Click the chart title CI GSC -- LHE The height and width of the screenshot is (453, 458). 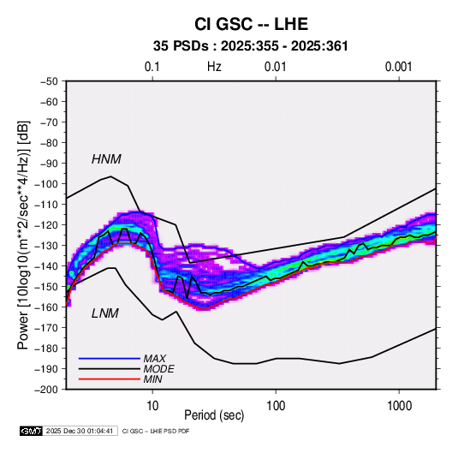[x=251, y=24]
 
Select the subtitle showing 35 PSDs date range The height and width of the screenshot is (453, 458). [x=251, y=46]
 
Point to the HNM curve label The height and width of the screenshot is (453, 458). [x=106, y=159]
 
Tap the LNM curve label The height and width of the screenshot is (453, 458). [x=105, y=313]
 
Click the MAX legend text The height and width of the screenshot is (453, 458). [x=154, y=359]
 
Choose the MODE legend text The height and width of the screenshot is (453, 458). [x=159, y=369]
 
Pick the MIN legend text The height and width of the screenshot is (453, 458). [x=152, y=379]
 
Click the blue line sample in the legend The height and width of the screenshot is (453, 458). [x=110, y=359]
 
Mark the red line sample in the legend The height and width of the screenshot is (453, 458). [x=110, y=379]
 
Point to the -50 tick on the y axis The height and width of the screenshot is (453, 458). [x=49, y=81]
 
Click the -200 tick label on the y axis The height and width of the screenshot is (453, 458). [x=46, y=390]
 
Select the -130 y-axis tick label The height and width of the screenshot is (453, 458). [x=46, y=246]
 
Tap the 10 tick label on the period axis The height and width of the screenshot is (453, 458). [x=152, y=406]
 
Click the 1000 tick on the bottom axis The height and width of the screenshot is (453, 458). [x=399, y=406]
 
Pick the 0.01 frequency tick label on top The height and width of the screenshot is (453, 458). [x=275, y=67]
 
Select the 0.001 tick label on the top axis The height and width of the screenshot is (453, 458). [x=398, y=67]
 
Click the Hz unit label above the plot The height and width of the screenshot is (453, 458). [x=214, y=67]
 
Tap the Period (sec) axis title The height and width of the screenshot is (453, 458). [x=214, y=415]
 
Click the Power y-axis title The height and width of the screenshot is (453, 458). [x=23, y=235]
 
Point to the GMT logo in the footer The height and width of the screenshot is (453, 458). [x=31, y=431]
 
